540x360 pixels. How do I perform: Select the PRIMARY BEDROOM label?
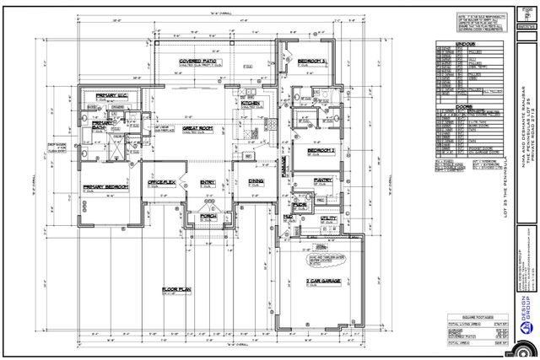click(x=104, y=186)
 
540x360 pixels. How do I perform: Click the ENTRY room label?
click(x=208, y=181)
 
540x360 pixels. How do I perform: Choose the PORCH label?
click(x=207, y=215)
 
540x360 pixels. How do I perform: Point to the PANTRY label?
click(x=322, y=180)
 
